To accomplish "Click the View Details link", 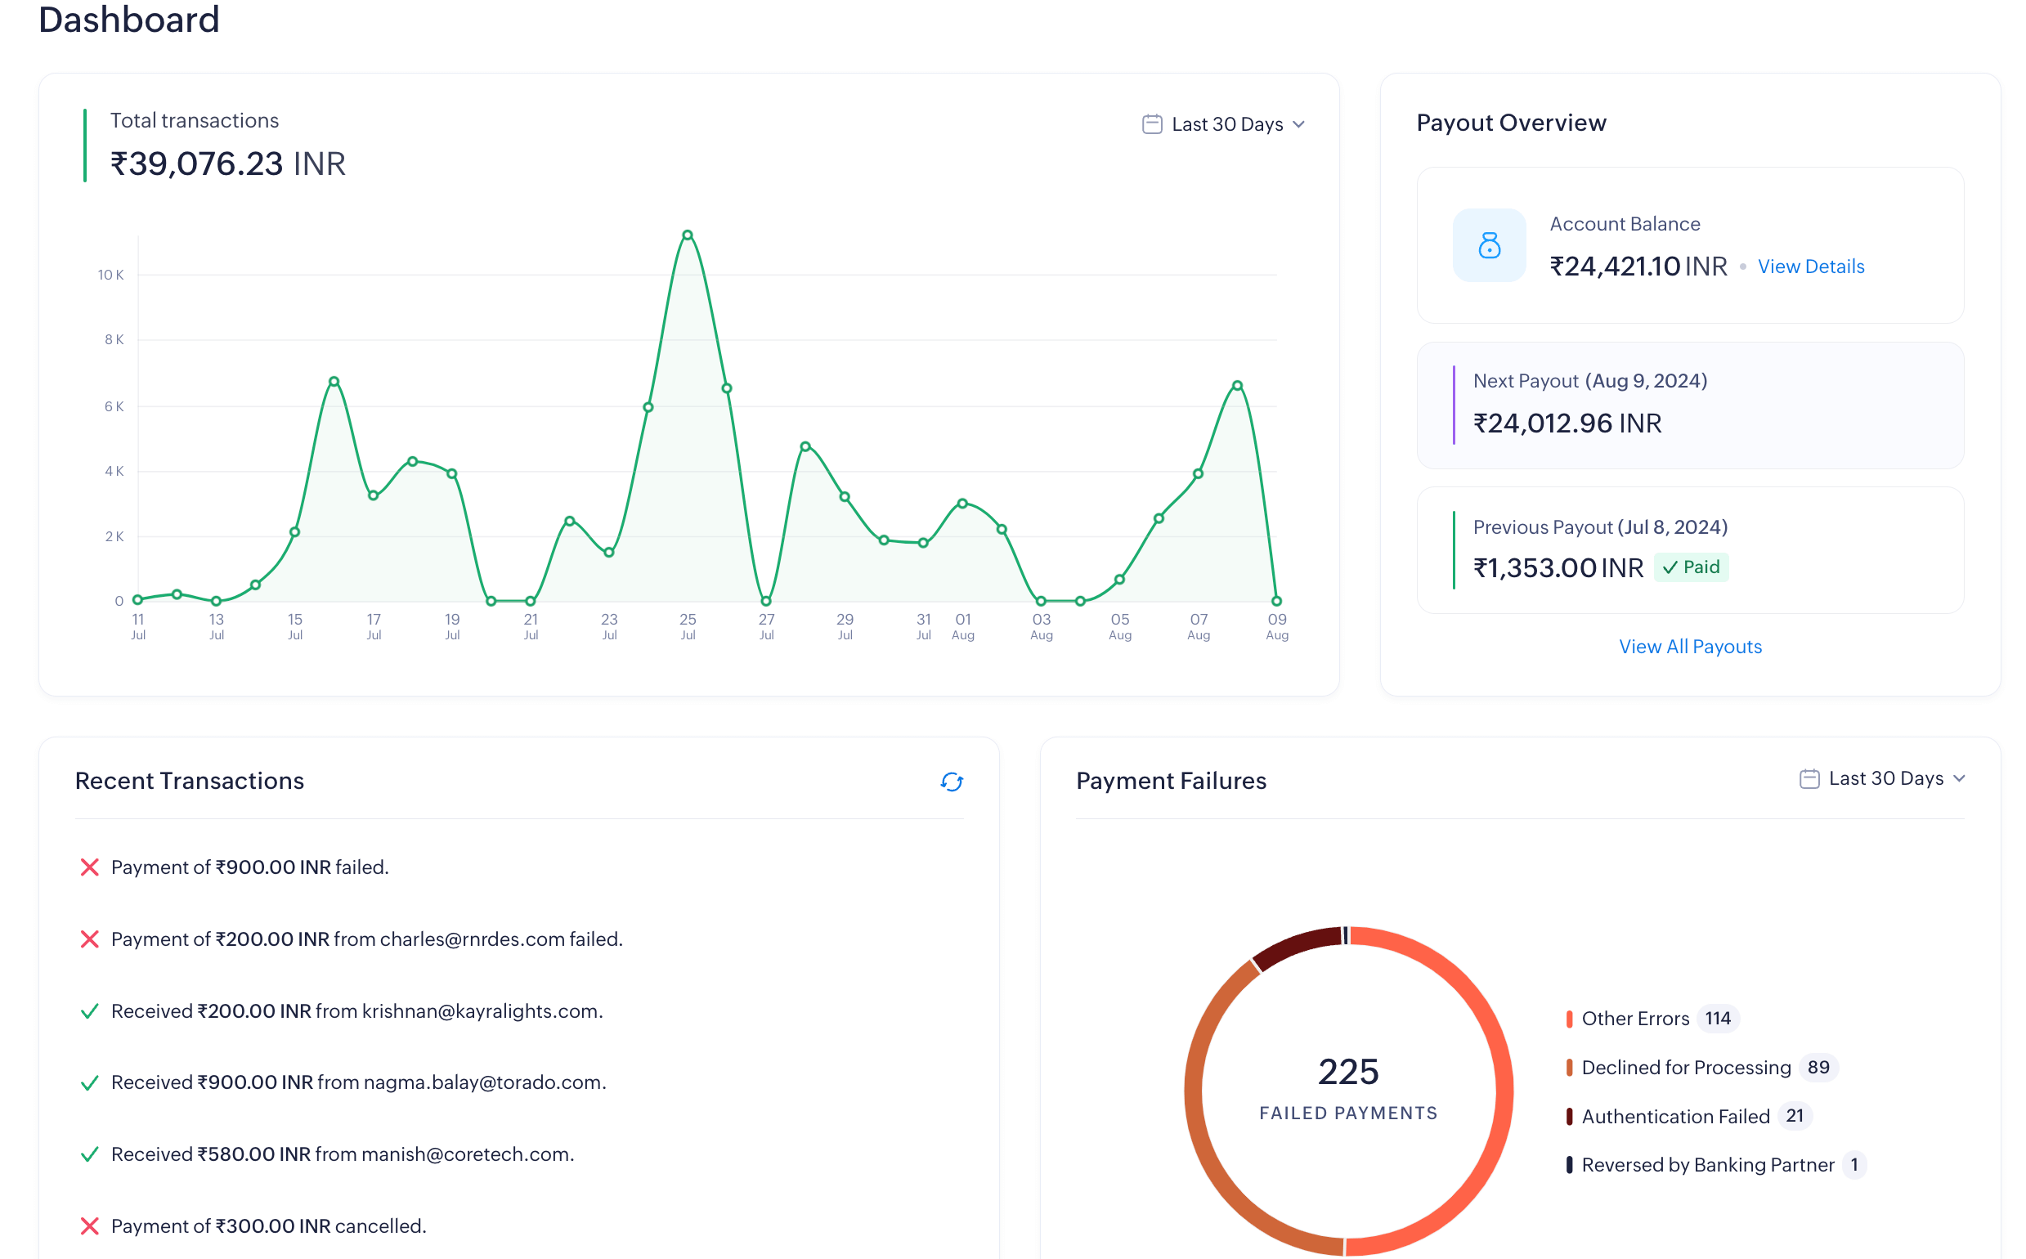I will point(1810,267).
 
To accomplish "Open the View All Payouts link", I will point(1690,646).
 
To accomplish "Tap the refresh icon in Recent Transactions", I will point(951,781).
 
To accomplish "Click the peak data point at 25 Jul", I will point(687,235).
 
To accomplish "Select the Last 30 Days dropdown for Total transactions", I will point(1223,124).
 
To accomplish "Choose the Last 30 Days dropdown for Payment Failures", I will point(1882,778).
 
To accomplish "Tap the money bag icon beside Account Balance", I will point(1489,244).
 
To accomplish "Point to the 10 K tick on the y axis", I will point(110,275).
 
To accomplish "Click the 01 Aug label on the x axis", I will point(962,626).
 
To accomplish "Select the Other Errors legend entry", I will point(1634,1019).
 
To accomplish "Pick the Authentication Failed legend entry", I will point(1674,1116).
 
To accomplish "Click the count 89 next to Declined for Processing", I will point(1818,1068).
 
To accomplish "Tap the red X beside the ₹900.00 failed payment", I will point(89,867).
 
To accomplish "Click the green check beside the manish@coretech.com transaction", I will point(89,1154).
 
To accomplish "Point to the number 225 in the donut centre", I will point(1348,1072).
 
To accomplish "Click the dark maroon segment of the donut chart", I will point(1295,947).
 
